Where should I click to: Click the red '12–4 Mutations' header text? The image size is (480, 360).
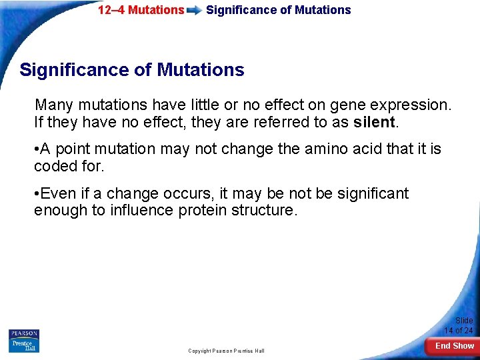pos(141,10)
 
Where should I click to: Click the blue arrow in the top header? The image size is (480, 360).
pos(195,11)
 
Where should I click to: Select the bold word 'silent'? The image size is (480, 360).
pos(375,123)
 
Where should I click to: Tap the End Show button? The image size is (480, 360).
pos(455,345)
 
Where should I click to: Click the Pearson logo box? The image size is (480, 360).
pos(24,333)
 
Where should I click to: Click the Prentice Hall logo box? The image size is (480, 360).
pos(24,345)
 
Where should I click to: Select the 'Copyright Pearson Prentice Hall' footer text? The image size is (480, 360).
pos(226,351)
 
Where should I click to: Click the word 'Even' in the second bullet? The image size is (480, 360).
pos(57,194)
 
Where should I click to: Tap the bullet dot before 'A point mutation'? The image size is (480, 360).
pos(37,149)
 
